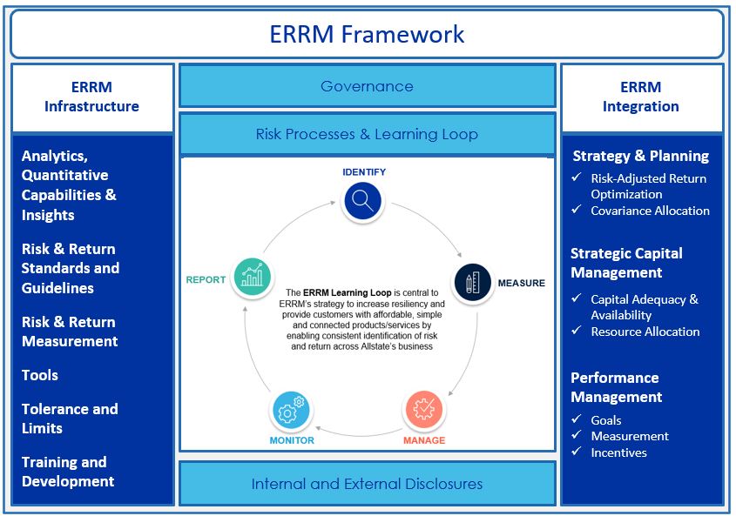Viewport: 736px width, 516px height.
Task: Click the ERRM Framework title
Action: (367, 34)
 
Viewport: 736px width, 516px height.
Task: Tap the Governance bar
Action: (367, 86)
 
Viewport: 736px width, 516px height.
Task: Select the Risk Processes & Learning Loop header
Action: (367, 134)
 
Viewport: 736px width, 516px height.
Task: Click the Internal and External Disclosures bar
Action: (367, 484)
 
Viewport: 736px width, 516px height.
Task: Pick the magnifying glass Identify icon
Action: (363, 202)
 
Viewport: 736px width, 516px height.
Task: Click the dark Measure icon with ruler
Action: (472, 283)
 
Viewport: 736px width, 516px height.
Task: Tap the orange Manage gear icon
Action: (423, 409)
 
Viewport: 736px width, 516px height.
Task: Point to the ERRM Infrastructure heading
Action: (91, 97)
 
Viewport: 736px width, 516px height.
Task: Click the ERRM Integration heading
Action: (641, 97)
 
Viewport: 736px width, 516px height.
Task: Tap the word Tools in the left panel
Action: (40, 375)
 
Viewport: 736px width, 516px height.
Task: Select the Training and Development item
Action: (68, 472)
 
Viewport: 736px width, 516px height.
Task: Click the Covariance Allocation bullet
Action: (650, 211)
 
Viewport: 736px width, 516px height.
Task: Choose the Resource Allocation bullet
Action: (645, 332)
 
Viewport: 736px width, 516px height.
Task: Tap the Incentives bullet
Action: (618, 452)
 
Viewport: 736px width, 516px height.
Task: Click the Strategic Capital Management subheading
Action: (626, 263)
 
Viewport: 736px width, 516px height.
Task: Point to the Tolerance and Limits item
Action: (70, 419)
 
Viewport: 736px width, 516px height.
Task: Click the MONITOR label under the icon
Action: (292, 440)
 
